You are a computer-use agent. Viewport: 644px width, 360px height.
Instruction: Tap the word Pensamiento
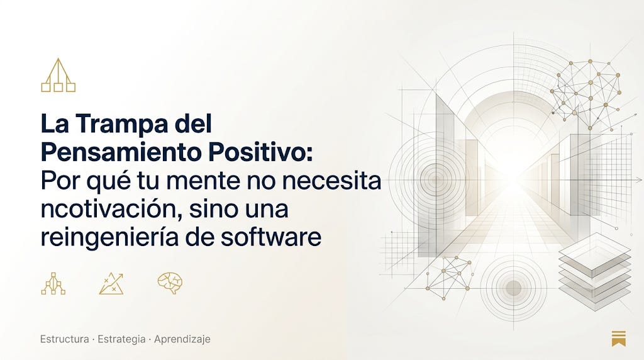[x=121, y=152]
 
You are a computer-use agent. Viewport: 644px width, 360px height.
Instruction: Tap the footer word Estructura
[x=65, y=339]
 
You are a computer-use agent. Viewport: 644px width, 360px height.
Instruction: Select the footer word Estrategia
[x=121, y=339]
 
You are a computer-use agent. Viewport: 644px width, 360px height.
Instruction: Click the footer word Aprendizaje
[x=182, y=339]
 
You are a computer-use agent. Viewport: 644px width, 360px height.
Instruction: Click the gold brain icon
[x=170, y=283]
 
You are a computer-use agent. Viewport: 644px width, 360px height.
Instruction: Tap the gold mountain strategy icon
[x=111, y=284]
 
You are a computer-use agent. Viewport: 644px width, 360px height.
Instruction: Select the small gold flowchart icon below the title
[x=53, y=284]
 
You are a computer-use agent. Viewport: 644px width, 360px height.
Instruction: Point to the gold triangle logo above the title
[x=58, y=75]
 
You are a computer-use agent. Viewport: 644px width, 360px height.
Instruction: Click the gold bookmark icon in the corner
[x=619, y=338]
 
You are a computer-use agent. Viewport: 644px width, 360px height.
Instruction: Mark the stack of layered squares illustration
[x=594, y=271]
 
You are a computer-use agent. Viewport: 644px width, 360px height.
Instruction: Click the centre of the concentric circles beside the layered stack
[x=513, y=288]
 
